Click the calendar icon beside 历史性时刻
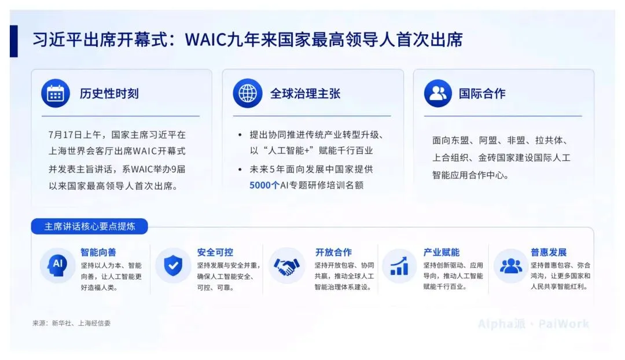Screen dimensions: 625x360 (56, 93)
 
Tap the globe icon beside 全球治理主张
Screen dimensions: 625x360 (248, 93)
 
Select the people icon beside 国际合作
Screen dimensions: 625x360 (438, 93)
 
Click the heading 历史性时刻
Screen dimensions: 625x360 (109, 94)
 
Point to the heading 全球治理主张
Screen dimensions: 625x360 (306, 94)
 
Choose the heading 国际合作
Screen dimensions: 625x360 (482, 94)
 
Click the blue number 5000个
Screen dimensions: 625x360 (264, 185)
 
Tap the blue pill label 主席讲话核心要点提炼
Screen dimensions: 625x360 (90, 226)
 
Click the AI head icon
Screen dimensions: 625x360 (57, 265)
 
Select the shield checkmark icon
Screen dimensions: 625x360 (173, 265)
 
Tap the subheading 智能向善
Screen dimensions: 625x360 (98, 252)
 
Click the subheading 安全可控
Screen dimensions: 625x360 (215, 252)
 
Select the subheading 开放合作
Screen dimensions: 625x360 (334, 252)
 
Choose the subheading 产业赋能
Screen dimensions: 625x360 (441, 252)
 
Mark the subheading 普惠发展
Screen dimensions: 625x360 (549, 252)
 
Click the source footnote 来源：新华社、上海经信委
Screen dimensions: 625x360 (71, 324)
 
